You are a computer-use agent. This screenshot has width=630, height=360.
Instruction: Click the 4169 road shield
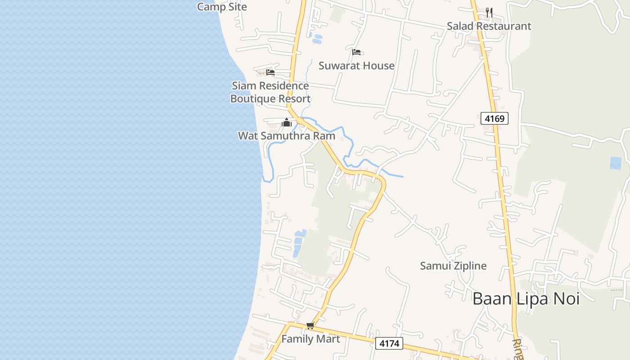(x=494, y=118)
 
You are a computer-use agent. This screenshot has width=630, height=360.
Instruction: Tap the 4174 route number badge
(x=389, y=344)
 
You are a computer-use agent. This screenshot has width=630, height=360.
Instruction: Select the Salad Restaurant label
(x=489, y=26)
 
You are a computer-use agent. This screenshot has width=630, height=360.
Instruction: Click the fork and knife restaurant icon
(x=489, y=13)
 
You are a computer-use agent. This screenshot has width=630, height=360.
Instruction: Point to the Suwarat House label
(x=356, y=66)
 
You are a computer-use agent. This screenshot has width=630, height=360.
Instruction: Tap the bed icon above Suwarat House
(x=356, y=52)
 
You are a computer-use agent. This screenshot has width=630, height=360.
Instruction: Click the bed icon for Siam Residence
(x=270, y=72)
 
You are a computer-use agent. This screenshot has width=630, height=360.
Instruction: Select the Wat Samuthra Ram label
(x=286, y=135)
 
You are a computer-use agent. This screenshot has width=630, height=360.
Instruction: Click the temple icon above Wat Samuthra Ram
(x=287, y=122)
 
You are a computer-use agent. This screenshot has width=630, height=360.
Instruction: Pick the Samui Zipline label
(x=453, y=265)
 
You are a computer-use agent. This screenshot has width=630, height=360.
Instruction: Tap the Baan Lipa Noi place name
(x=526, y=299)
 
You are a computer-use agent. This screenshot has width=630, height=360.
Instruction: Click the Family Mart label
(x=310, y=339)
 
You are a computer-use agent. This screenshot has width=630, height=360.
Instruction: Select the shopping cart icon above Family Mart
(x=310, y=326)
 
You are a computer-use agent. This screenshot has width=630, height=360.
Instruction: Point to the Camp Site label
(x=222, y=7)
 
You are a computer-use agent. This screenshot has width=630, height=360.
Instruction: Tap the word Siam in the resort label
(x=243, y=85)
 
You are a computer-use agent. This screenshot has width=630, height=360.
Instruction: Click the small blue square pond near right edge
(x=615, y=163)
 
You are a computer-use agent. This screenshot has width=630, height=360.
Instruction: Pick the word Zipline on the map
(x=470, y=265)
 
